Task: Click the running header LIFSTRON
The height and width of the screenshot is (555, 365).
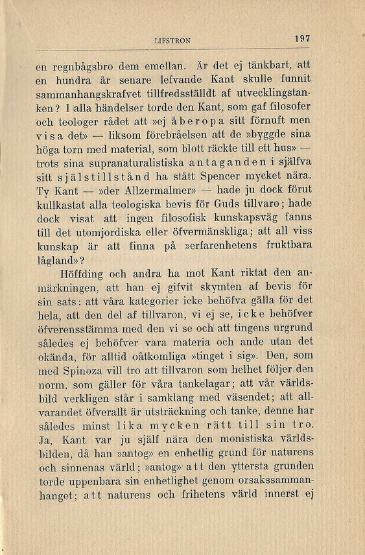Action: pos(173,40)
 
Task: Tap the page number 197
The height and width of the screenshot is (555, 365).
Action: pos(302,38)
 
